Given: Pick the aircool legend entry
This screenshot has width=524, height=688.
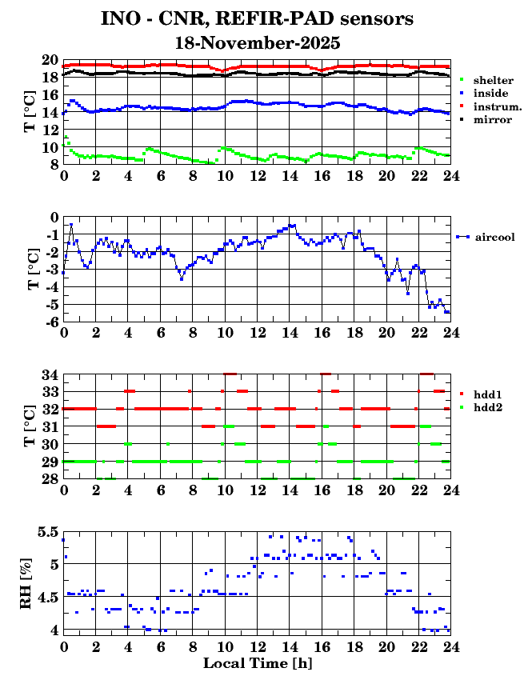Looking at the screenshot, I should click(x=494, y=237).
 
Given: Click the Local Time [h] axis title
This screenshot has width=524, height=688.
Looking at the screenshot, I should click(x=257, y=663).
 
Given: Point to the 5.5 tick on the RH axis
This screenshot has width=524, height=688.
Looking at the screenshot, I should click(x=47, y=532).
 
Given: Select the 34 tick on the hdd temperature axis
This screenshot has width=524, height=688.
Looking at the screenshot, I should click(x=49, y=374).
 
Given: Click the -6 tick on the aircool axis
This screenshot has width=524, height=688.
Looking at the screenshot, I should click(x=50, y=322).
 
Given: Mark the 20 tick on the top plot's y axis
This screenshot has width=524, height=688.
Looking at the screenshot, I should click(x=49, y=60).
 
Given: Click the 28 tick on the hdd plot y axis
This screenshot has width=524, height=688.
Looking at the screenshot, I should click(x=49, y=478).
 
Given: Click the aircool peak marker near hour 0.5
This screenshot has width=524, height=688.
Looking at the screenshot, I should click(x=71, y=225).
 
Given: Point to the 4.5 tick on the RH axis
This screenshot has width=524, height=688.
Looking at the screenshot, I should click(x=47, y=598).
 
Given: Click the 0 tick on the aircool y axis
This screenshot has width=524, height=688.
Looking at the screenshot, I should click(x=54, y=217).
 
